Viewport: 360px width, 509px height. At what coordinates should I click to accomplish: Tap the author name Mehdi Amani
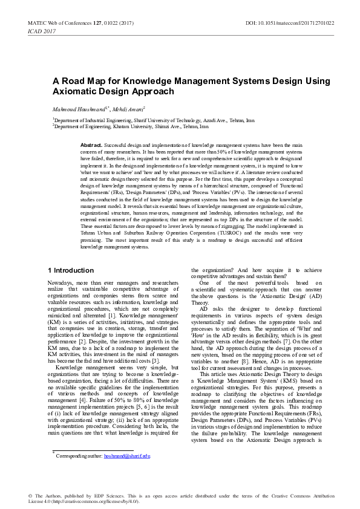coord(129,109)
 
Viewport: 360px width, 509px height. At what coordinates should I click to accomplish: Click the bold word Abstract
coord(91,146)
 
